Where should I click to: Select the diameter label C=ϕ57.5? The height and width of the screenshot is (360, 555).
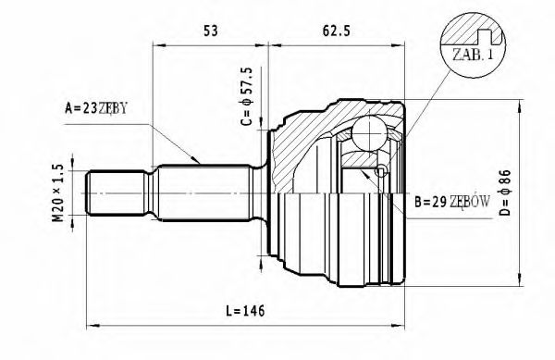coord(246,95)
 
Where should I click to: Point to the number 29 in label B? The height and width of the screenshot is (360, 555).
coord(438,201)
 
